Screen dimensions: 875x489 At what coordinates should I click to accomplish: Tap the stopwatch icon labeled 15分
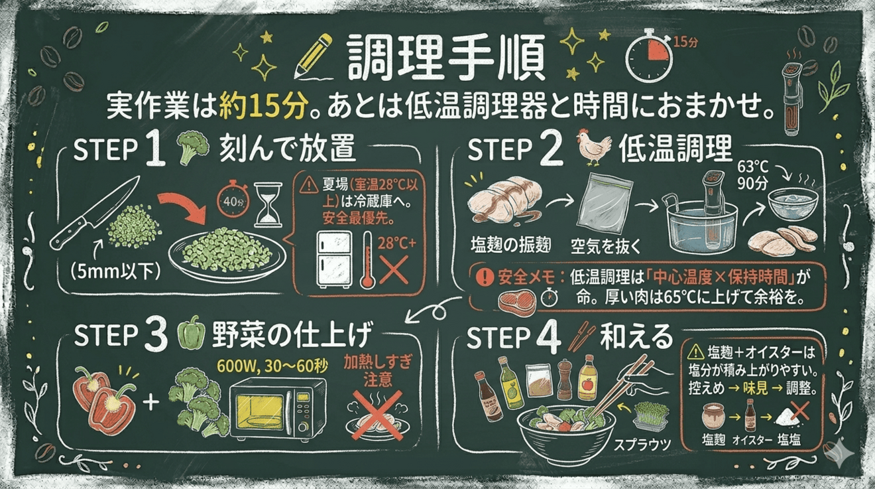[650, 56]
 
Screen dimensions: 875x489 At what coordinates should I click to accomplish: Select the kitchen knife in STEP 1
[95, 212]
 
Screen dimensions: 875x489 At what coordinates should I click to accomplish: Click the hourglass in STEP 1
[268, 204]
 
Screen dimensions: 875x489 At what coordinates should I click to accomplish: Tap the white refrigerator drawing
[334, 259]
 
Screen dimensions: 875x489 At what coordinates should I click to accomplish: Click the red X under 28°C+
[394, 269]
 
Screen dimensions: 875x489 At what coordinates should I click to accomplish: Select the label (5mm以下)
[115, 271]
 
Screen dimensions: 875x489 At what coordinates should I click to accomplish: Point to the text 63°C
[752, 167]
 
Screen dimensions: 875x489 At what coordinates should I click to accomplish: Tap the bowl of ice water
[793, 204]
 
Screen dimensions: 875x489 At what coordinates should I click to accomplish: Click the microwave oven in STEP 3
[278, 409]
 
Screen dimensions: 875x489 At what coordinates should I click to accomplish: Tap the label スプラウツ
[642, 444]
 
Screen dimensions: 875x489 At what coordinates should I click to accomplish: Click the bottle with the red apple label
[587, 378]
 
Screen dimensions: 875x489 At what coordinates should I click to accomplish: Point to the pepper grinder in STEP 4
[564, 379]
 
